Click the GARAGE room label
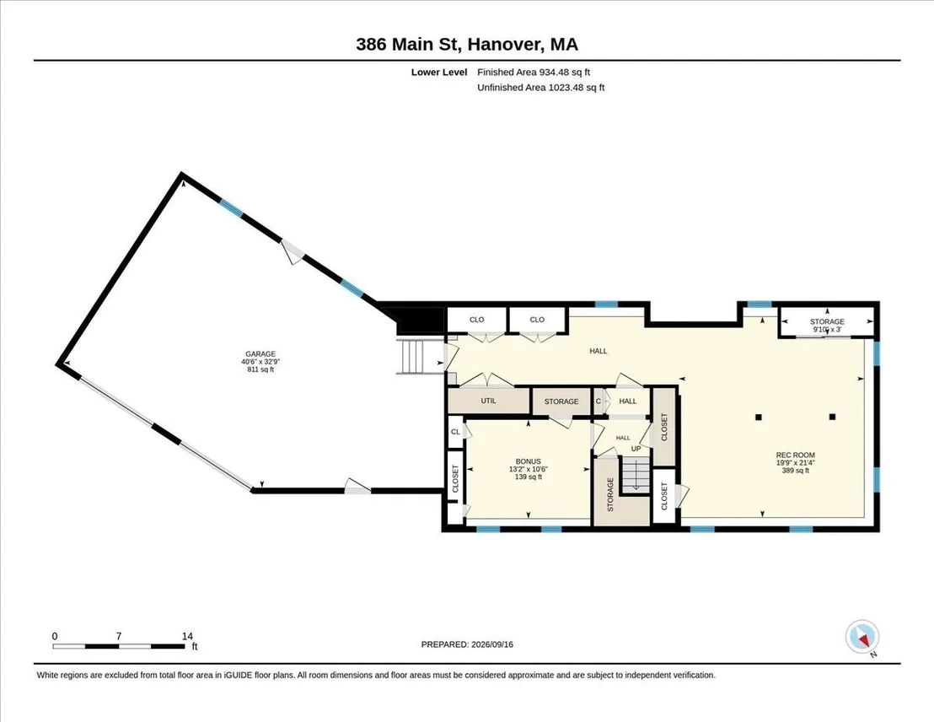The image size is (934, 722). pyautogui.click(x=260, y=354)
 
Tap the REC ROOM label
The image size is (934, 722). pyautogui.click(x=795, y=455)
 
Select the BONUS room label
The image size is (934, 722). pyautogui.click(x=529, y=461)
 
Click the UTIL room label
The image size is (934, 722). pyautogui.click(x=488, y=401)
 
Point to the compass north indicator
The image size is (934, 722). pyautogui.click(x=862, y=638)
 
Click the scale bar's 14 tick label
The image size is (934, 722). pyautogui.click(x=187, y=636)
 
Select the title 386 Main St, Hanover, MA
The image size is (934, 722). pyautogui.click(x=467, y=44)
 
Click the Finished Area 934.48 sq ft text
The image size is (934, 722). pyautogui.click(x=534, y=73)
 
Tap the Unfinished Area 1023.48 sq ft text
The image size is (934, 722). pyautogui.click(x=541, y=88)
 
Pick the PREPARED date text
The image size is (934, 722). pyautogui.click(x=467, y=644)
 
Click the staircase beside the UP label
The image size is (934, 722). pyautogui.click(x=636, y=475)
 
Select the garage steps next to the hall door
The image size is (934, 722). pyautogui.click(x=413, y=357)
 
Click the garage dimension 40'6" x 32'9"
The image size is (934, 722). pyautogui.click(x=260, y=362)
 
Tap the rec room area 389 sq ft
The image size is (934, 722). pyautogui.click(x=795, y=471)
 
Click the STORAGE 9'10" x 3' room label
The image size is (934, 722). pyautogui.click(x=827, y=326)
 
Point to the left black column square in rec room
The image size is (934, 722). pyautogui.click(x=759, y=417)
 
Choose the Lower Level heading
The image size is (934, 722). pyautogui.click(x=439, y=73)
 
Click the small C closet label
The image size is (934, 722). pyautogui.click(x=598, y=401)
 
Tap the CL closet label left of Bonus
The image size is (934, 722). pyautogui.click(x=456, y=432)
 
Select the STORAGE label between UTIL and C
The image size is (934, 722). pyautogui.click(x=561, y=401)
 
